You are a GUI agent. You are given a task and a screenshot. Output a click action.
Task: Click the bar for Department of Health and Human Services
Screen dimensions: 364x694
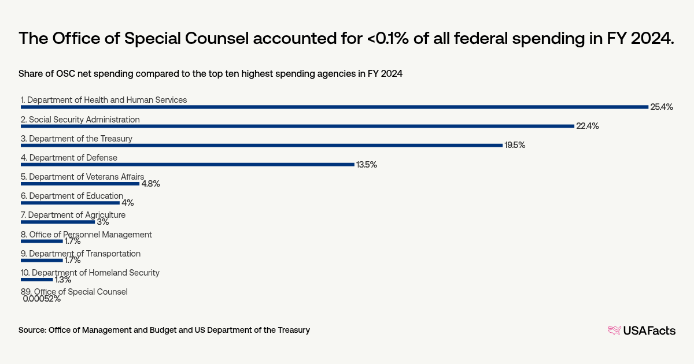[x=334, y=107]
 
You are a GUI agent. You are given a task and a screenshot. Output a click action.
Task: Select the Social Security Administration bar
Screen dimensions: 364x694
[x=297, y=126]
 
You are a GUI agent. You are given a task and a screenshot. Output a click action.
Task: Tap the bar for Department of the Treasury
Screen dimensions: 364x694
[x=261, y=145]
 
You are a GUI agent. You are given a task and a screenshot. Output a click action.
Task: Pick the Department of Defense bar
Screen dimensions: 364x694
[x=187, y=164]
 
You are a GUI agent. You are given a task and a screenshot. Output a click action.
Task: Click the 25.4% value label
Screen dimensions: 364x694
[x=662, y=107]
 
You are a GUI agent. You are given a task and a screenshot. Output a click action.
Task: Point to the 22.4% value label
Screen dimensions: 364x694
[x=587, y=126]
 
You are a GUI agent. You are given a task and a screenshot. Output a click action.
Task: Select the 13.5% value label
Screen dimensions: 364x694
[x=367, y=165]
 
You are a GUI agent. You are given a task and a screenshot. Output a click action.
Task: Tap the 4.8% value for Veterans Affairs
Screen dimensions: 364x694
[x=150, y=184]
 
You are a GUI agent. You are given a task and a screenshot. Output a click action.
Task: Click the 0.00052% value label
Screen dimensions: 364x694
[x=42, y=299]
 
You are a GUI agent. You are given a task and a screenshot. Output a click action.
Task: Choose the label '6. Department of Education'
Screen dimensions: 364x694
[x=72, y=196]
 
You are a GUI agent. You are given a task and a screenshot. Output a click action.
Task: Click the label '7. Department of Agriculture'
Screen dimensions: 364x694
[x=73, y=215]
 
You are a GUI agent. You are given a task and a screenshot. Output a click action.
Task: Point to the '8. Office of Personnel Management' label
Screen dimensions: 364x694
[x=86, y=235]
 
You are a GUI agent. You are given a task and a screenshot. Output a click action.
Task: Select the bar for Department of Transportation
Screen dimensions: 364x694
[x=42, y=260]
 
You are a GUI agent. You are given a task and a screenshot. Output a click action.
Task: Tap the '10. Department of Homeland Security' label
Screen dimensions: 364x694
[x=90, y=273]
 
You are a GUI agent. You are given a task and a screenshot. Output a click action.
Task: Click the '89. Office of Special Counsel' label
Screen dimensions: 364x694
[x=74, y=292]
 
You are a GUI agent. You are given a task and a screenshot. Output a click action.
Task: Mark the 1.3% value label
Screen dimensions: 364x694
[x=63, y=280]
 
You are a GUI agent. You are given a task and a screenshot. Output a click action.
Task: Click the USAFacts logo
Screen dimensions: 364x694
[x=641, y=330]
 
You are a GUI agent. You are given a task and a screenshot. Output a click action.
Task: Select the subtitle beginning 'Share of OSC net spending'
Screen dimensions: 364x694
[x=211, y=74]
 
